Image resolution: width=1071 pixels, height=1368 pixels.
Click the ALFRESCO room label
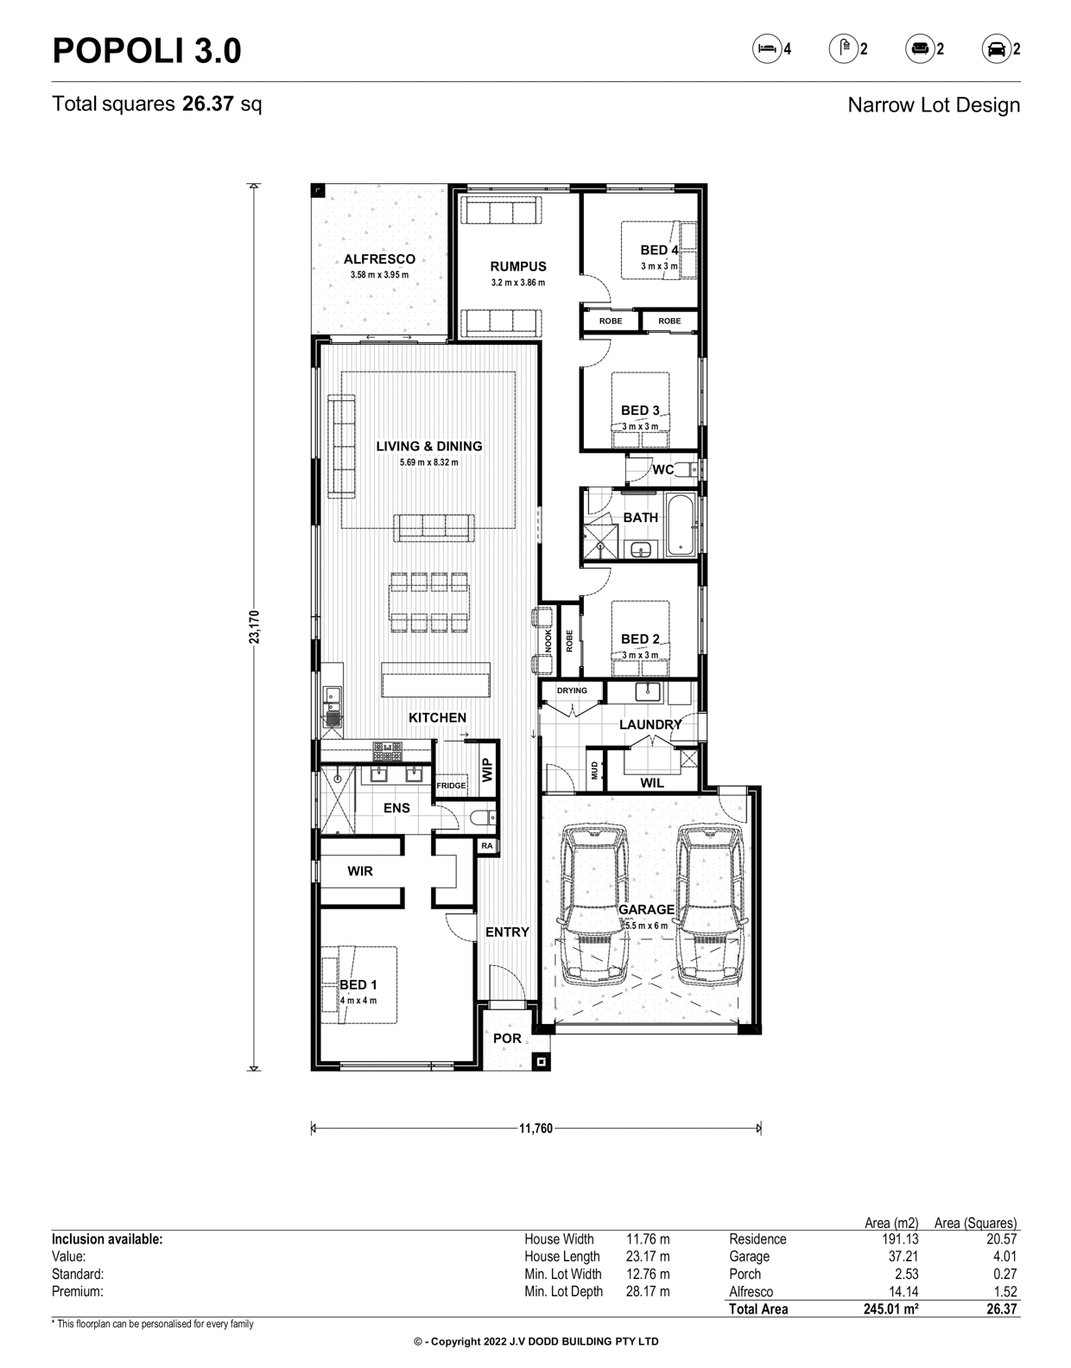coord(379,258)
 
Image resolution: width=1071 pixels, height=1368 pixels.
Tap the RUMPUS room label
coord(518,266)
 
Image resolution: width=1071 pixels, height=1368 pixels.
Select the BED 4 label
coord(659,250)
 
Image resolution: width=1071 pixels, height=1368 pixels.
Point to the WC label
coord(662,469)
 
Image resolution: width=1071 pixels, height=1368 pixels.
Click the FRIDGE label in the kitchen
coord(451,786)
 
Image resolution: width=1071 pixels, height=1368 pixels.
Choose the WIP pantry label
coord(487,770)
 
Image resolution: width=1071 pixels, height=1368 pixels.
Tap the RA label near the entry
coord(487,846)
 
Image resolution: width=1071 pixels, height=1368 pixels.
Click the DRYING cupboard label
coord(572,690)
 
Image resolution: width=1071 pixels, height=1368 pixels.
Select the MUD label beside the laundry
coord(594,770)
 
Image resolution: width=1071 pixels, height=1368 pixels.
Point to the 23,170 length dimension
coord(253,627)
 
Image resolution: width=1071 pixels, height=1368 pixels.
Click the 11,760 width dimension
coord(535,1129)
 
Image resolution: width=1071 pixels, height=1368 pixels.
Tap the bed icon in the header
coord(767,49)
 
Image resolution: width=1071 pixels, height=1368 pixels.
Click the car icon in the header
coord(996,49)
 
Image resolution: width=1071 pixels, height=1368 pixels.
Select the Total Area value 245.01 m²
coord(890,1309)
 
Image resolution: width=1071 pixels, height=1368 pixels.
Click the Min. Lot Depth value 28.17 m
coord(648,1291)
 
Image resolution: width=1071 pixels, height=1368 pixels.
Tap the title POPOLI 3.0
coord(147,51)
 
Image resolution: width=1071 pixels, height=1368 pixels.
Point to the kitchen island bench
coord(436,679)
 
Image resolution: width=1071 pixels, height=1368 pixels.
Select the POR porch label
coord(507,1038)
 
